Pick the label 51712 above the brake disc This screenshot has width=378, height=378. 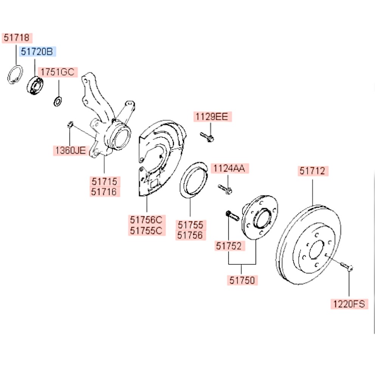(x=313, y=171)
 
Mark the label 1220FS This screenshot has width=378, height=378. (x=349, y=304)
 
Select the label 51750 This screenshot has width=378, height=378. (x=242, y=280)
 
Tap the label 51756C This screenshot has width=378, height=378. (x=147, y=220)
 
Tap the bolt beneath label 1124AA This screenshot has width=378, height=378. (x=225, y=189)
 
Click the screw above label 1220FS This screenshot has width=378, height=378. (x=346, y=266)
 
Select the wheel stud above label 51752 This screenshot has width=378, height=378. (x=232, y=216)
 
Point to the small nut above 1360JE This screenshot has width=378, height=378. (x=70, y=123)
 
